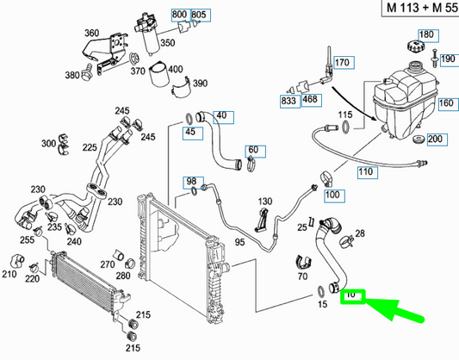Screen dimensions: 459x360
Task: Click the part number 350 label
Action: [168, 43]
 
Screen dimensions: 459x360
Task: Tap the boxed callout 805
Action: [201, 16]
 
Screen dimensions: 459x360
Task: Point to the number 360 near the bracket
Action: [91, 33]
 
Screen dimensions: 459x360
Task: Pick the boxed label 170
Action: [344, 62]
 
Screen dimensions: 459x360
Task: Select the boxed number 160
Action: [448, 104]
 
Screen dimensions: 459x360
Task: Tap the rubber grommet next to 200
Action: [419, 140]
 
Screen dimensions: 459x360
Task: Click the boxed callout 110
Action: [368, 172]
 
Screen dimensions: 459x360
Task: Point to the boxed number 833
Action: [290, 102]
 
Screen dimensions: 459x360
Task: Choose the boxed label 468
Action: [312, 100]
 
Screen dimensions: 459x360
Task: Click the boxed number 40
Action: [223, 117]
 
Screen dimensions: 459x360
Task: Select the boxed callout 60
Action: [255, 152]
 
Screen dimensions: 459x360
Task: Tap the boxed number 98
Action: [193, 183]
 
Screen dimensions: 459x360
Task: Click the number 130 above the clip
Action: [265, 202]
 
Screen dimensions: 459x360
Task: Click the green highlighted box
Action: [353, 297]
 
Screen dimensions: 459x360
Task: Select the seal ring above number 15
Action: [321, 291]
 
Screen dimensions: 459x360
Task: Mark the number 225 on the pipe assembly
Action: [90, 147]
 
